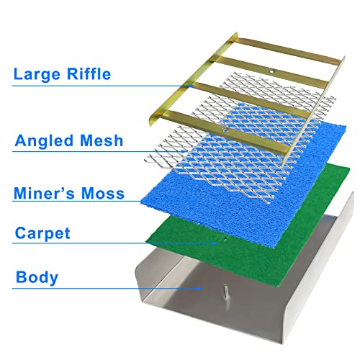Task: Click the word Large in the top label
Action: (37, 74)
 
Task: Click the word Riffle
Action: (89, 73)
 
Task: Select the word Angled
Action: (44, 141)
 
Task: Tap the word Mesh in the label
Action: (102, 140)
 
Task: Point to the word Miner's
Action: (44, 193)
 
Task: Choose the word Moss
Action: (103, 194)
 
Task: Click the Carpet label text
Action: (42, 233)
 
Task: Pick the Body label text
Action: (37, 278)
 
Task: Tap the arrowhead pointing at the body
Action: (199, 288)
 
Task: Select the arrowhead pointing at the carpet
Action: (215, 243)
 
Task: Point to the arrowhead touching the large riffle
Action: (191, 85)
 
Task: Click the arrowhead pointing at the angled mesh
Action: (184, 151)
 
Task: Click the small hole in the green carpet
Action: (225, 238)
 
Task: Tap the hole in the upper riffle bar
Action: (271, 71)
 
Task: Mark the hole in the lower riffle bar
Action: (225, 130)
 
